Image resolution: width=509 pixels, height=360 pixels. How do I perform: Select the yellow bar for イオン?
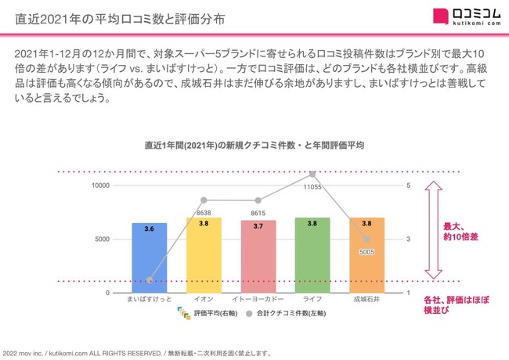[204, 255]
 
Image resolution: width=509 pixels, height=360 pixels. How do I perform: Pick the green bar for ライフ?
[312, 255]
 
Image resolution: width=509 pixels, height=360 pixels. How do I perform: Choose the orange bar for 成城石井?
[366, 255]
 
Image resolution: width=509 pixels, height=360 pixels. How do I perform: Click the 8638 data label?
[204, 212]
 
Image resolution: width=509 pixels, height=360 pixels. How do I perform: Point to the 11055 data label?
[312, 187]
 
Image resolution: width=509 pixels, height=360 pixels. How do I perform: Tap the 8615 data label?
[258, 212]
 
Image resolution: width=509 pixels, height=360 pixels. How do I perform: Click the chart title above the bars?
[254, 146]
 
